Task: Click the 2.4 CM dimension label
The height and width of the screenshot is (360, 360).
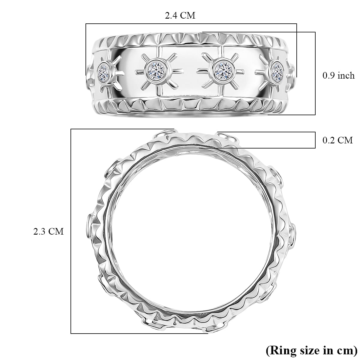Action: click(x=180, y=16)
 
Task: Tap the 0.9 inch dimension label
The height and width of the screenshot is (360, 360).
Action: click(x=338, y=76)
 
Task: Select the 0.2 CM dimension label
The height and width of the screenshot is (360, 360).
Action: click(x=337, y=140)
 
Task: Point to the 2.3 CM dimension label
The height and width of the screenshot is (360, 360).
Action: click(x=49, y=231)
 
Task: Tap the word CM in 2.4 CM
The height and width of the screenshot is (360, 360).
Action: click(x=188, y=16)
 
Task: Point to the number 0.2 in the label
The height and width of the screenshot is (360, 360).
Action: click(x=329, y=140)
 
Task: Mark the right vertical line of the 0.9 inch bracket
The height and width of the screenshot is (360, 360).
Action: click(x=315, y=73)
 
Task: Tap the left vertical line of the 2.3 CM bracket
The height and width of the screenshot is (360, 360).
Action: click(x=71, y=231)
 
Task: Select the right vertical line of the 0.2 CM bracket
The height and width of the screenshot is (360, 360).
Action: click(x=315, y=140)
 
